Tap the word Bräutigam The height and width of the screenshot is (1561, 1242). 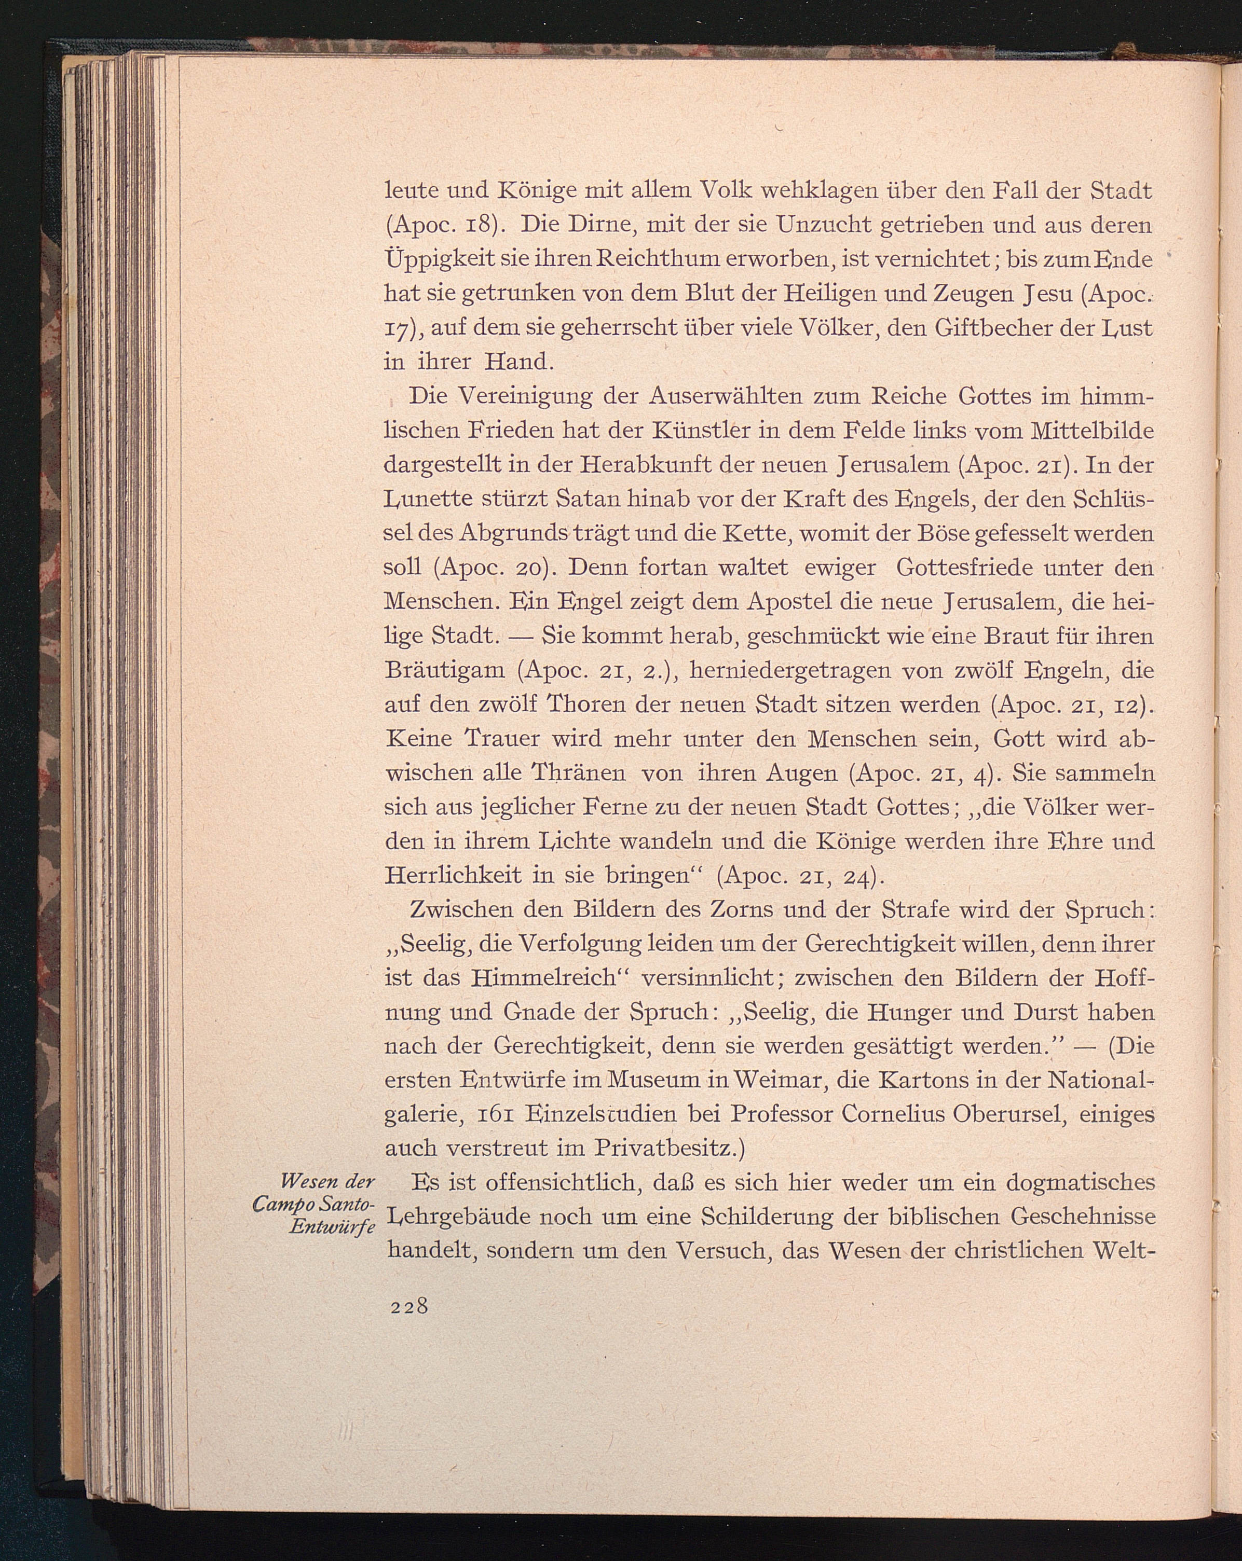tap(445, 670)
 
